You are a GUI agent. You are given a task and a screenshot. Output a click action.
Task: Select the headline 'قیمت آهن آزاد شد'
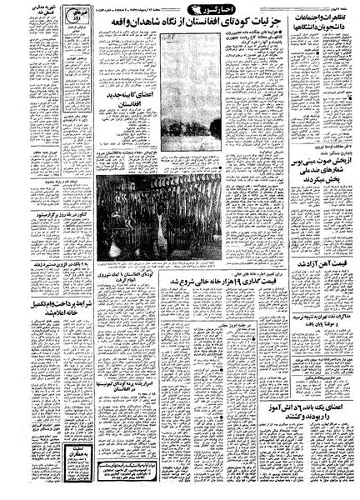point(317,237)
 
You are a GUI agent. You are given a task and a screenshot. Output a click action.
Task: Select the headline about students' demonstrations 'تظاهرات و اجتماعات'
point(317,27)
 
